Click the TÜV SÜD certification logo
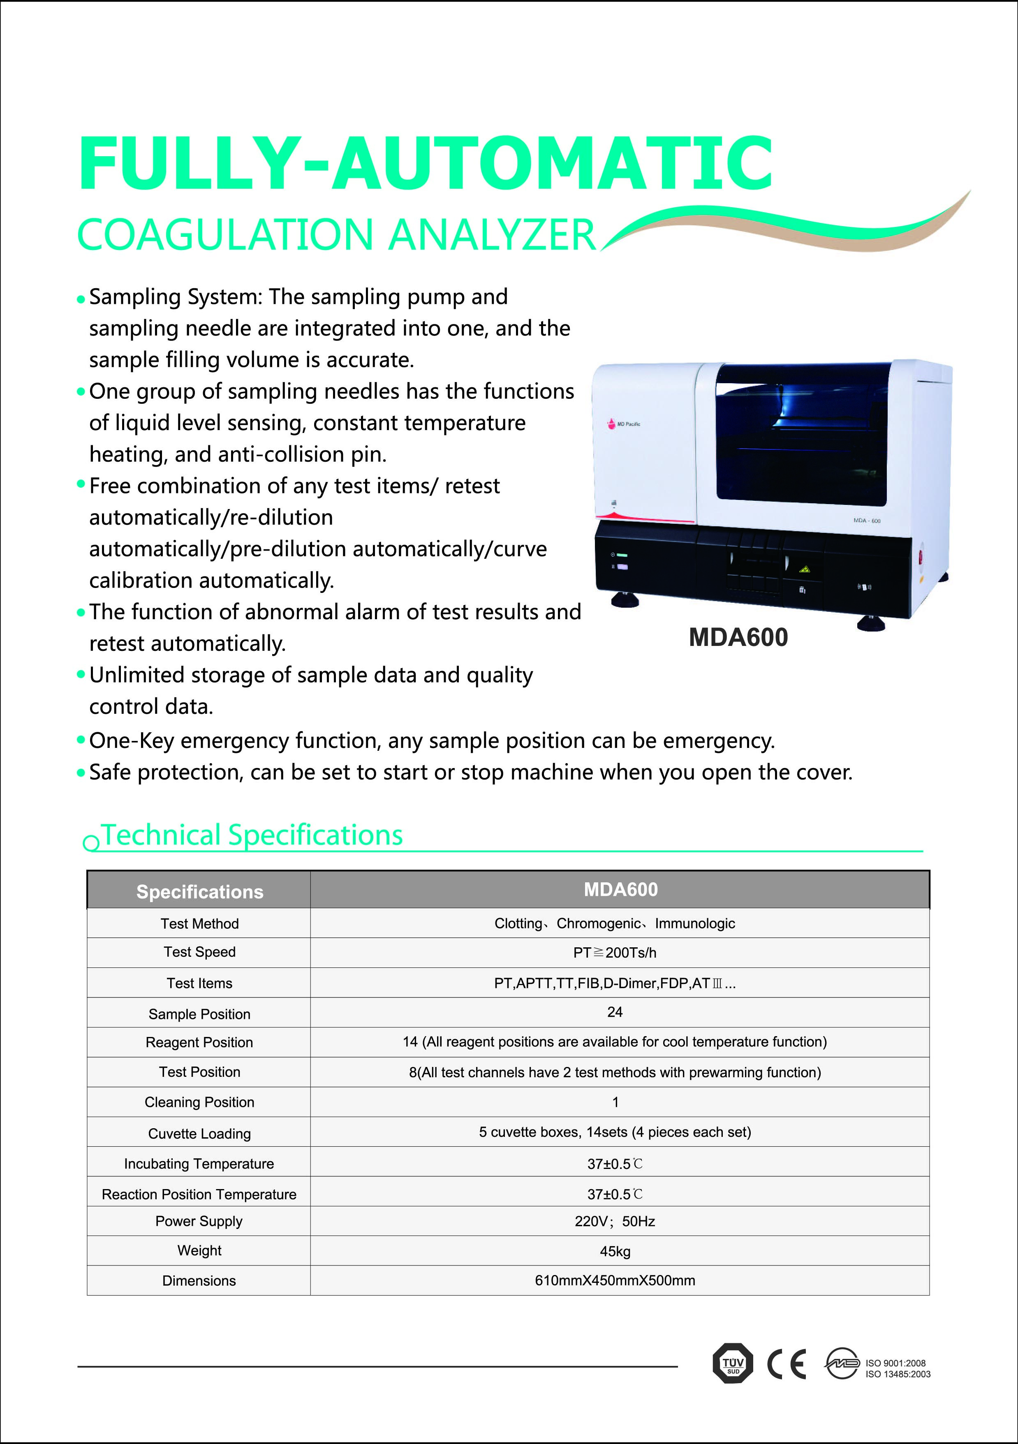click(x=733, y=1363)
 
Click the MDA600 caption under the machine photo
click(x=738, y=637)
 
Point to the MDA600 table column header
click(x=620, y=889)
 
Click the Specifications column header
click(x=199, y=891)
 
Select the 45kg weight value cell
click(x=615, y=1251)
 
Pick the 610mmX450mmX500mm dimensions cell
click(x=615, y=1280)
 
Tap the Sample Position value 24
click(x=615, y=1012)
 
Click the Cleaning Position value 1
click(x=615, y=1102)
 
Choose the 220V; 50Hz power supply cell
click(x=615, y=1222)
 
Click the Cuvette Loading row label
click(x=199, y=1133)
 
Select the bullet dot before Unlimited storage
click(x=81, y=674)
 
